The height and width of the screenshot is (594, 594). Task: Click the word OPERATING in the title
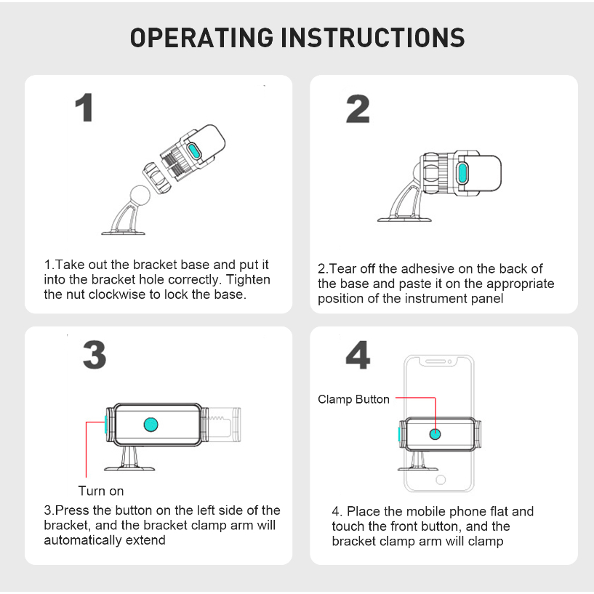pos(201,38)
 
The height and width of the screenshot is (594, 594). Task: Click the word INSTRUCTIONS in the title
pos(373,38)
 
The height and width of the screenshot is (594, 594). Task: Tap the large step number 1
pos(84,108)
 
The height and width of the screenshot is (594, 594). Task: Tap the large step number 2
pos(358,109)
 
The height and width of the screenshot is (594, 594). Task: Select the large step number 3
pos(95,355)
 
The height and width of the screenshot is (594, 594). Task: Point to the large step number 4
pos(358,355)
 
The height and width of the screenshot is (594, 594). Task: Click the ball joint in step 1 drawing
pos(140,195)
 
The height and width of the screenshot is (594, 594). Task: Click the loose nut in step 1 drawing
pos(157,177)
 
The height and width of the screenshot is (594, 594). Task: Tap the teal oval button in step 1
pos(194,151)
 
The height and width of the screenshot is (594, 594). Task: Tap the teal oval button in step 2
pos(462,172)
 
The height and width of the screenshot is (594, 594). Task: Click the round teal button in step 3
pos(150,425)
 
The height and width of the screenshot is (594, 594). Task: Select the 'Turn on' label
pos(101,491)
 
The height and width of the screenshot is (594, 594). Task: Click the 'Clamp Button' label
pos(353,399)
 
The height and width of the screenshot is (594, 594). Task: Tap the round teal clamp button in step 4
pos(435,434)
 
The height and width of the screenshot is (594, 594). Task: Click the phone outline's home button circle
pos(441,480)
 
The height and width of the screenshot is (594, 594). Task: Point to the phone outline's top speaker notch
pos(438,362)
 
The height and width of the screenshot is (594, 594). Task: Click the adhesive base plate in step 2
pos(404,220)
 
